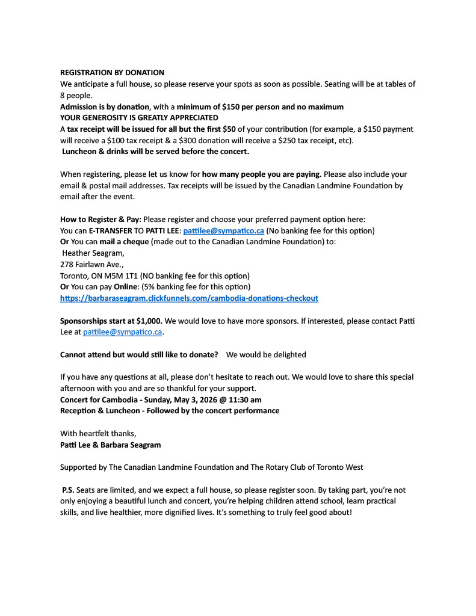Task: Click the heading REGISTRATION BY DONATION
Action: click(x=112, y=73)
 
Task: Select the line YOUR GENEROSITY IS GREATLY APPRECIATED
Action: click(x=139, y=118)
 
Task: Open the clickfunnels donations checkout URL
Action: click(x=189, y=298)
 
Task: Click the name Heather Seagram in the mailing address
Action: click(x=93, y=253)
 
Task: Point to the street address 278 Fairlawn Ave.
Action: click(x=88, y=265)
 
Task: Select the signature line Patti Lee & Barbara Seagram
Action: click(x=110, y=445)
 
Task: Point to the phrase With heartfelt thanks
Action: click(x=98, y=434)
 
